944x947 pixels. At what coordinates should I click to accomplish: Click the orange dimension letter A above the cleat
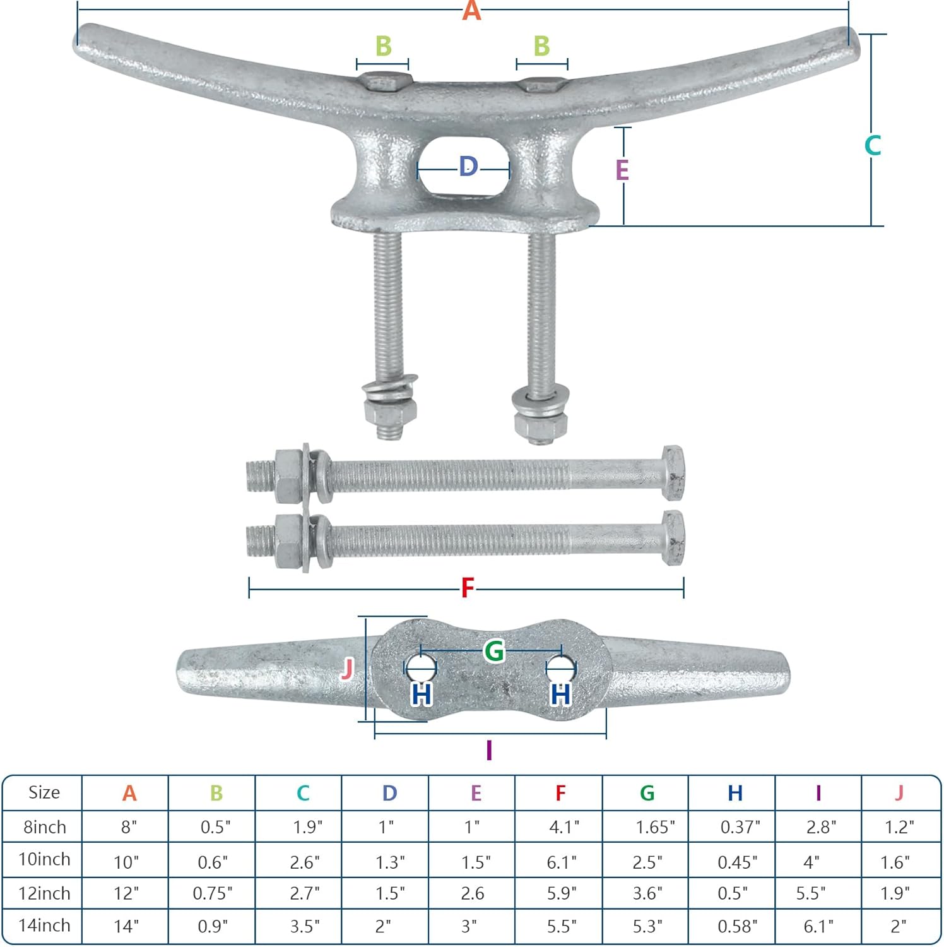pyautogui.click(x=471, y=11)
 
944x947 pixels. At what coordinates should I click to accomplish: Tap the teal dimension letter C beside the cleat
pyautogui.click(x=873, y=146)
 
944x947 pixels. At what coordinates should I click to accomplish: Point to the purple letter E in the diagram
pyautogui.click(x=622, y=170)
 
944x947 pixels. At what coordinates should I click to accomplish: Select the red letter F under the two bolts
pyautogui.click(x=467, y=588)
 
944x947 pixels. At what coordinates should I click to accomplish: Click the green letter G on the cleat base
pyautogui.click(x=494, y=651)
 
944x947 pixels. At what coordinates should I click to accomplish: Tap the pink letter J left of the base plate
pyautogui.click(x=346, y=669)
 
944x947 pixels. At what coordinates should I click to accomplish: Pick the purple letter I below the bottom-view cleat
pyautogui.click(x=489, y=750)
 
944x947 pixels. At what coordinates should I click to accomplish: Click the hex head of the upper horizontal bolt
pyautogui.click(x=673, y=472)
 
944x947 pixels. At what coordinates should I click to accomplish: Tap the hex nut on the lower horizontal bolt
pyautogui.click(x=289, y=542)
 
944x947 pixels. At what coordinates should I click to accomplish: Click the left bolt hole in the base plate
pyautogui.click(x=420, y=666)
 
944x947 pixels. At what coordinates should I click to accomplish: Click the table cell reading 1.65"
pyautogui.click(x=655, y=826)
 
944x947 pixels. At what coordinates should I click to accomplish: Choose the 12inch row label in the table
pyautogui.click(x=44, y=893)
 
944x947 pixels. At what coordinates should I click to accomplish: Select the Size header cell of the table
pyautogui.click(x=44, y=792)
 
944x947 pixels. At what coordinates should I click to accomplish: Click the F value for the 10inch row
pyautogui.click(x=562, y=862)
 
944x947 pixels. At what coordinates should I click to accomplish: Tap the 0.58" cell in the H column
pyautogui.click(x=737, y=926)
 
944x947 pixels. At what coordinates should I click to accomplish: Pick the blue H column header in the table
pyautogui.click(x=735, y=793)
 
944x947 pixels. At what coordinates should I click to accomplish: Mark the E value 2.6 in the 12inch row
pyautogui.click(x=473, y=893)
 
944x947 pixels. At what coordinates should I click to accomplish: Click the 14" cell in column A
pyautogui.click(x=126, y=926)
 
